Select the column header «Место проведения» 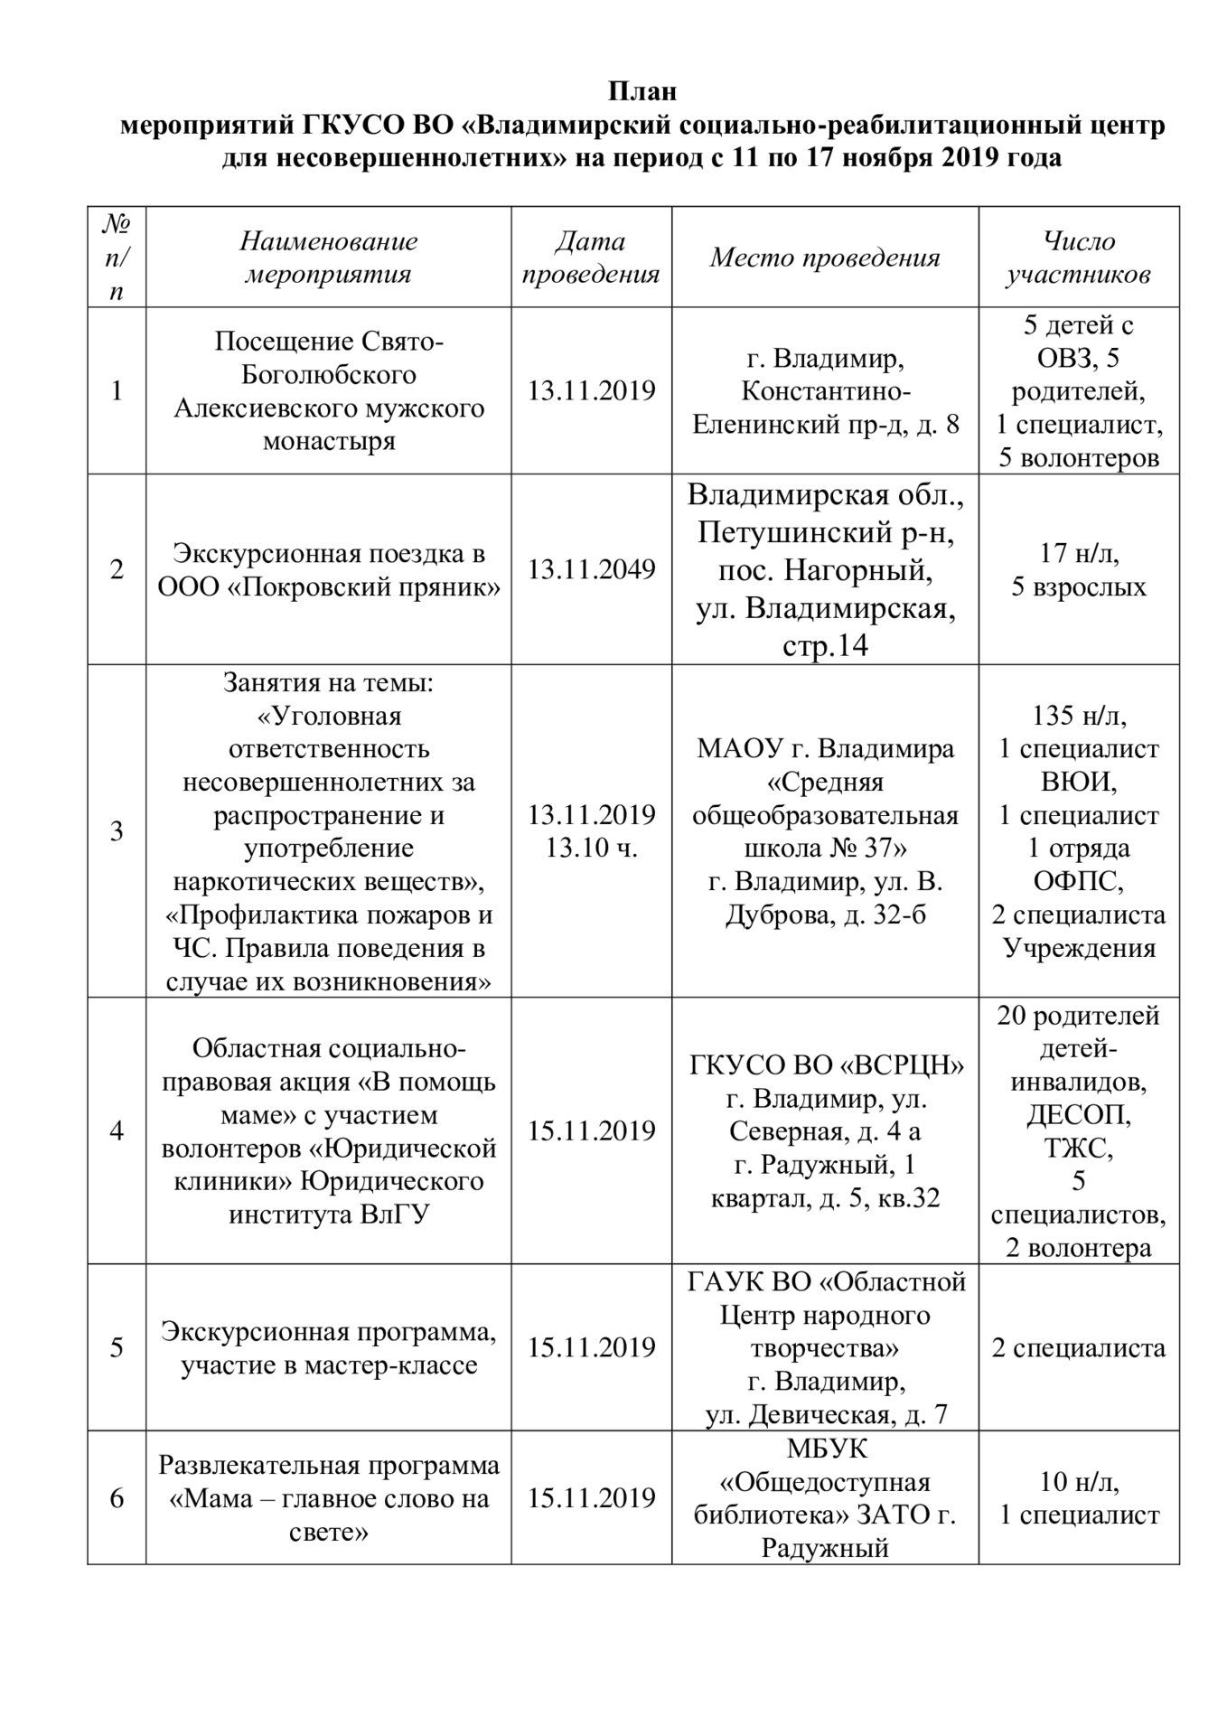824,258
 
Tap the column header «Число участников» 1079,258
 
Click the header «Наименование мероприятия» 329,258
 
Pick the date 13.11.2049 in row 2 592,569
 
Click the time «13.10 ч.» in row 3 592,849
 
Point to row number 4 117,1130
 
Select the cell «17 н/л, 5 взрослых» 1079,569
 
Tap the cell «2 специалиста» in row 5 1079,1347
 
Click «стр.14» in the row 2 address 825,646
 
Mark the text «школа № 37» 824,849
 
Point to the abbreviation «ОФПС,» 1079,881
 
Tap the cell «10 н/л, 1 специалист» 1079,1498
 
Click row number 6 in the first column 117,1498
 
